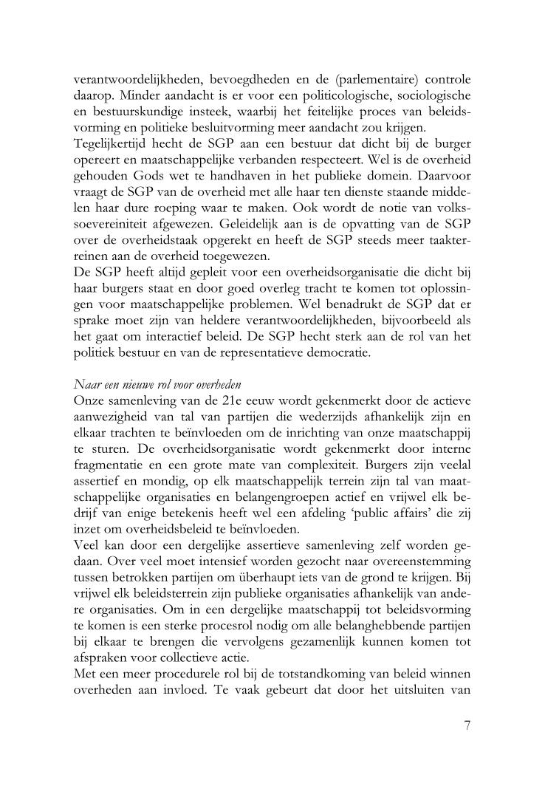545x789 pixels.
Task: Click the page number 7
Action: [x=467, y=725]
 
